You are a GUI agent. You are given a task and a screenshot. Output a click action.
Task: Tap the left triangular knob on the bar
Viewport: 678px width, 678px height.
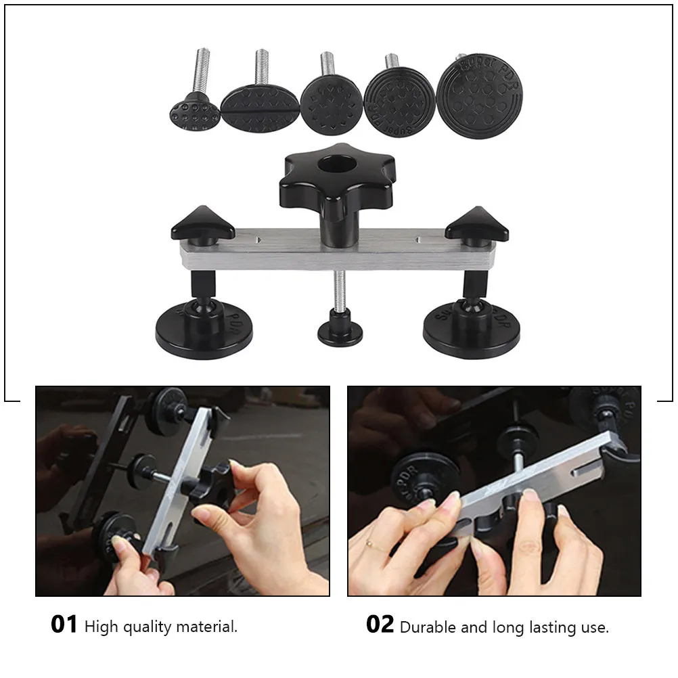(201, 223)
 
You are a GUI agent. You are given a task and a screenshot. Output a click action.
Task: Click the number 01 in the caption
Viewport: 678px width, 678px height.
(64, 625)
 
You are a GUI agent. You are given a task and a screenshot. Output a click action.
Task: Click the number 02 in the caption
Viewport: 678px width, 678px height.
(380, 625)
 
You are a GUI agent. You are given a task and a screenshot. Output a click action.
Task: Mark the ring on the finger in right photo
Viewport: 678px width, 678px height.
(369, 542)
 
